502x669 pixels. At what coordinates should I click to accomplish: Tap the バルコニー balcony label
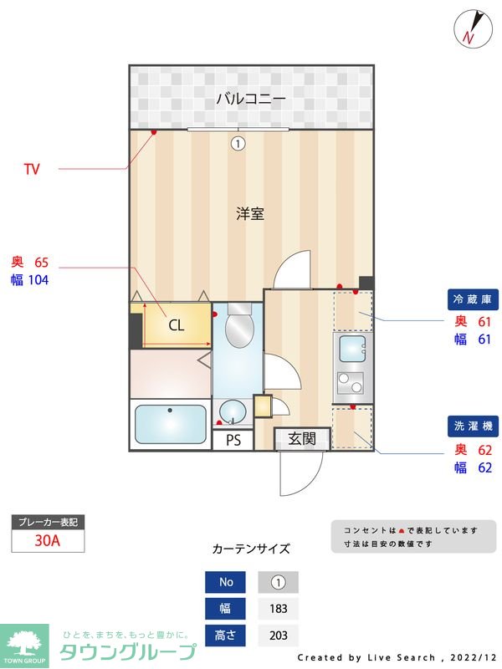point(251,99)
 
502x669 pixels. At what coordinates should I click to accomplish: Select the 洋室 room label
point(250,213)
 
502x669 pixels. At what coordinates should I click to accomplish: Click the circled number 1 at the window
point(238,143)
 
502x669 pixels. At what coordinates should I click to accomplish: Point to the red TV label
point(32,170)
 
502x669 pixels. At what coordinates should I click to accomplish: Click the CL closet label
point(177,326)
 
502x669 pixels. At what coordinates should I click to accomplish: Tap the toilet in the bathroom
point(239,329)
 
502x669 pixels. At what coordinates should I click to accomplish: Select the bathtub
point(171,425)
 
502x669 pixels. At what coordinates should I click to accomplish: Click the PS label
point(233,440)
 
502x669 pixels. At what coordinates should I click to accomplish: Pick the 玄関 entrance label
point(302,438)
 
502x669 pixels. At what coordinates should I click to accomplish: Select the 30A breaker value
point(48,540)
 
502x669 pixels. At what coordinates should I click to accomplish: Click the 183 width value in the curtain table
point(278,608)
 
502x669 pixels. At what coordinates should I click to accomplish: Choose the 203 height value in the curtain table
point(278,635)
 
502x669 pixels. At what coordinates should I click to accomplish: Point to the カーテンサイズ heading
point(251,549)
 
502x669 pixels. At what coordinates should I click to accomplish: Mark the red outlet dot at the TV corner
point(154,132)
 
